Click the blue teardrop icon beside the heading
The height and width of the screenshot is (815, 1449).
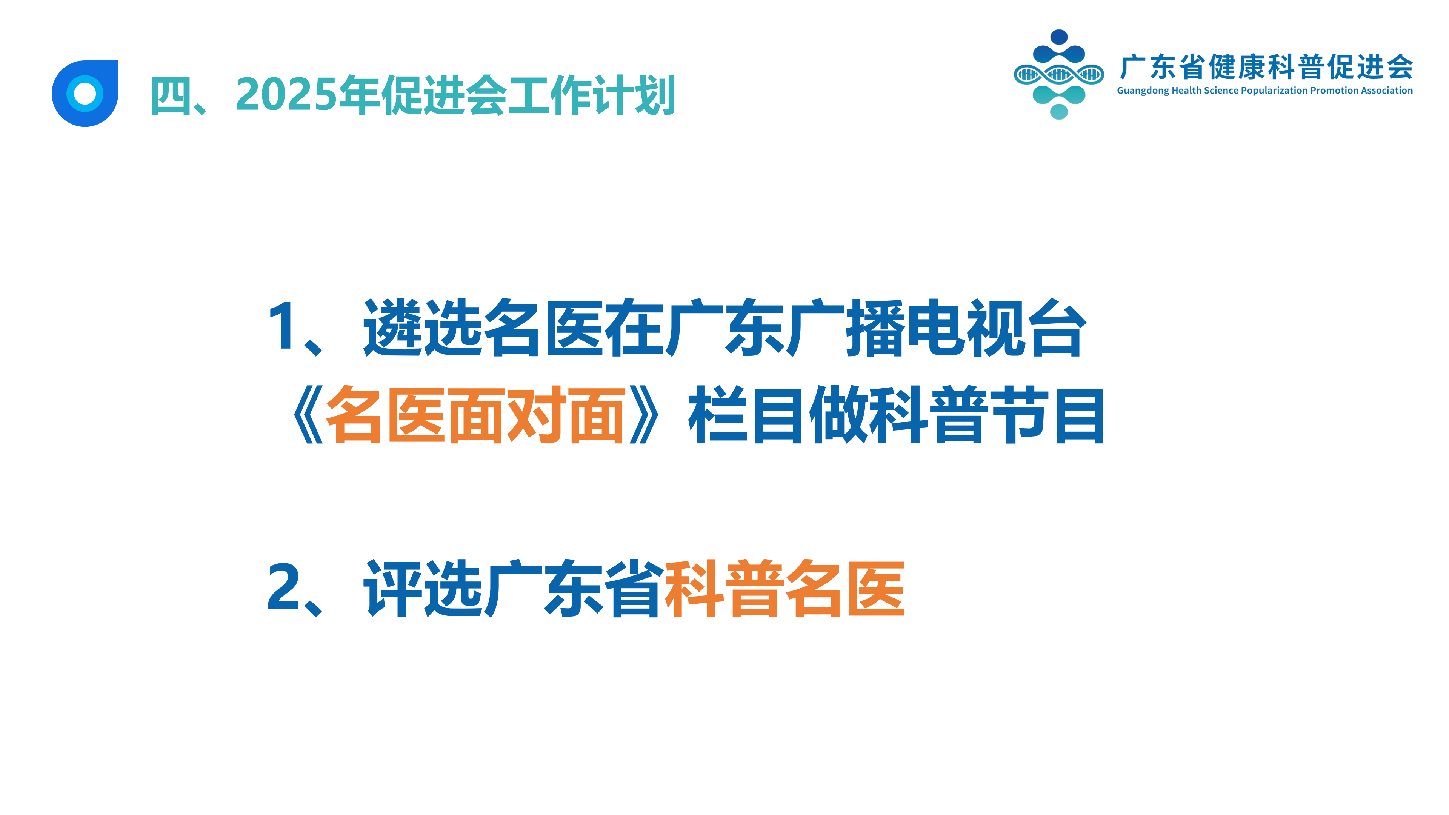85,93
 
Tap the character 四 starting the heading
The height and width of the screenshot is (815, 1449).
171,95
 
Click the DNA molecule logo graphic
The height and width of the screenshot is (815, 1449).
1058,74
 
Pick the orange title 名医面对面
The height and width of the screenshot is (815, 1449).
476,415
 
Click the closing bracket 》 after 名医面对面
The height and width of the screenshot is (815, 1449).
644,415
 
